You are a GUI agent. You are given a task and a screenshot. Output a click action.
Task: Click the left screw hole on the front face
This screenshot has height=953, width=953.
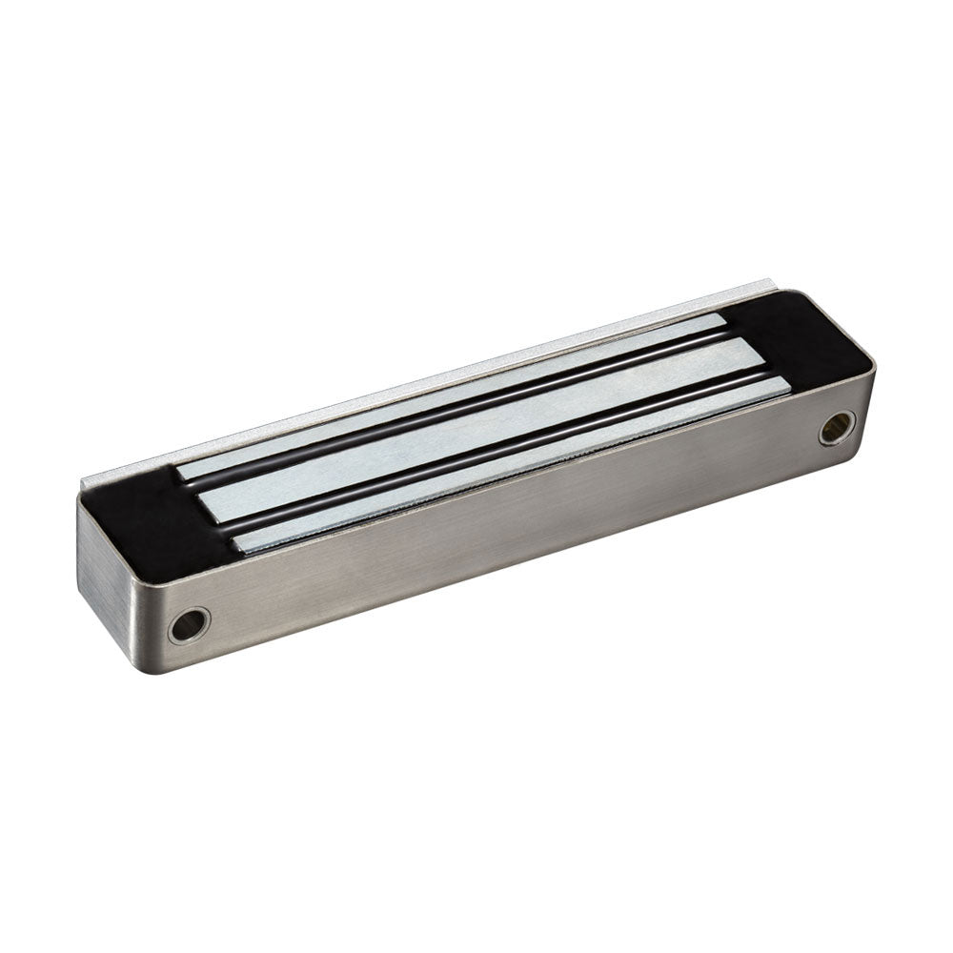[x=189, y=624]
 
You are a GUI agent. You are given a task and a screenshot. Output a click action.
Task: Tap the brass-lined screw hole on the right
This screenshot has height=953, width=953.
[x=837, y=427]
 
